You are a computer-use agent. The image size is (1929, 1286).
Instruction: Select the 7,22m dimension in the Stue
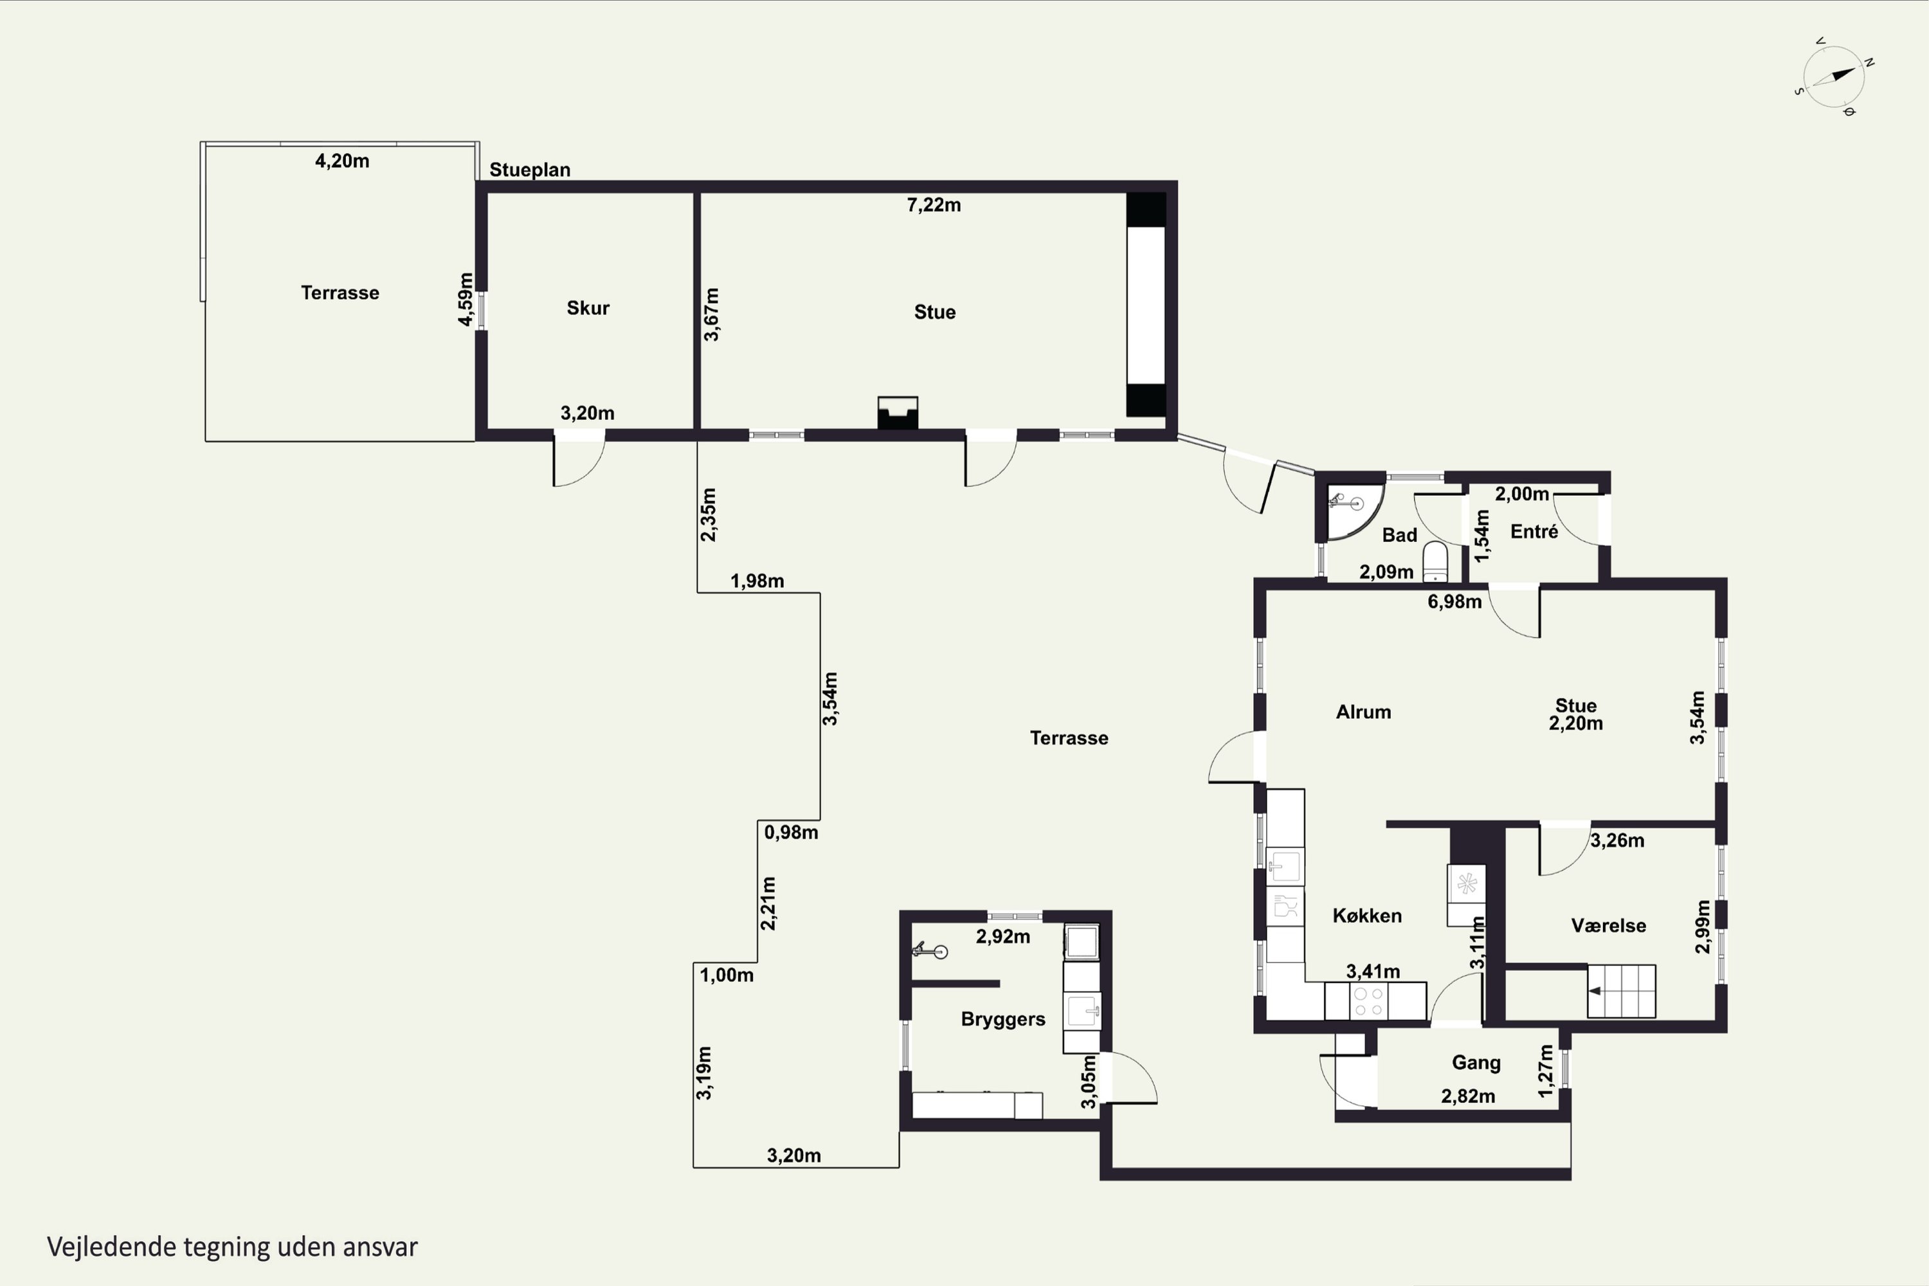point(934,205)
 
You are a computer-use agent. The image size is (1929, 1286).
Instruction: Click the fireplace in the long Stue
point(897,413)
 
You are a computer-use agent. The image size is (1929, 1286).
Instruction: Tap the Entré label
point(1534,532)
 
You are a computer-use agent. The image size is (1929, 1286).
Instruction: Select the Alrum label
point(1363,712)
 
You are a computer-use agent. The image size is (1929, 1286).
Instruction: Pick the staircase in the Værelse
point(1620,991)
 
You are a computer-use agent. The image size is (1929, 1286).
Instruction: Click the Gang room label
point(1476,1063)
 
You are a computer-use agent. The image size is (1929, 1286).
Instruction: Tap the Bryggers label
point(1003,1019)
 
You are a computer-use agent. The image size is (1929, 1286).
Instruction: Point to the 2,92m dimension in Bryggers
point(1002,937)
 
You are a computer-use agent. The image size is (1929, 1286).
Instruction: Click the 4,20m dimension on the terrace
point(342,161)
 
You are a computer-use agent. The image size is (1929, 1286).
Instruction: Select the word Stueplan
point(530,170)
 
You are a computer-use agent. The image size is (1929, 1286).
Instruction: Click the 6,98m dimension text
point(1454,602)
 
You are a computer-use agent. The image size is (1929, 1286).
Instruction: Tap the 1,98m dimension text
point(757,581)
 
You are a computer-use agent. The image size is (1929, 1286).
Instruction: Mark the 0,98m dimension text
point(791,833)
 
